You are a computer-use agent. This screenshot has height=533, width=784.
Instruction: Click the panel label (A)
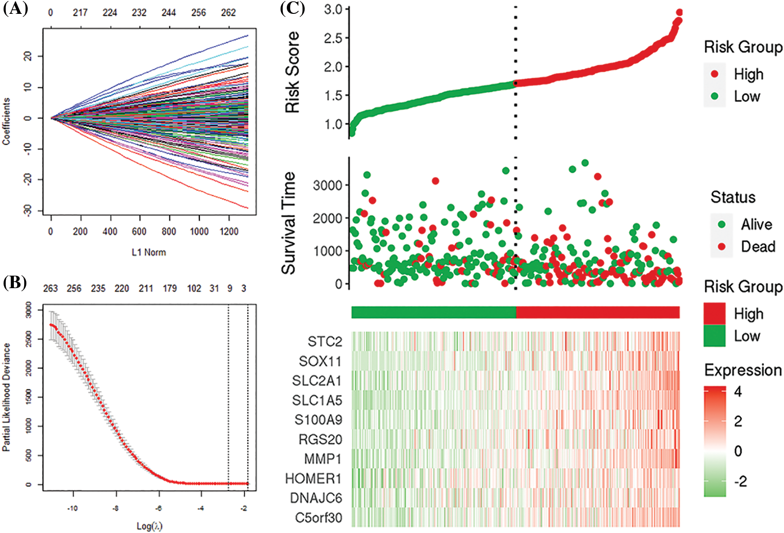[x=15, y=9]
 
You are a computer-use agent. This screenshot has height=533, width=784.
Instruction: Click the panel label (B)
[x=15, y=283]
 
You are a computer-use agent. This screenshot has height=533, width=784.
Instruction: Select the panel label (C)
[x=293, y=9]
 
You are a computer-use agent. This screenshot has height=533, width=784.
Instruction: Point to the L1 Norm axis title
[x=149, y=252]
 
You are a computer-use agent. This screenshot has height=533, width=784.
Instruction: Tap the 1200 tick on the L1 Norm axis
[x=229, y=231]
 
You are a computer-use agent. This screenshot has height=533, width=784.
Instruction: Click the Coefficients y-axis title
[x=6, y=122]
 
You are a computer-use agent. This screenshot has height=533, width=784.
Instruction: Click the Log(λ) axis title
[x=149, y=526]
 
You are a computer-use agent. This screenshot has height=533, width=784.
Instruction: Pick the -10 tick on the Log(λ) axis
[x=72, y=508]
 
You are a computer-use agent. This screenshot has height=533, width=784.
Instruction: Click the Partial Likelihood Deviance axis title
[x=6, y=397]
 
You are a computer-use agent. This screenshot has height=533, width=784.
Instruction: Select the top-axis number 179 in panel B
[x=170, y=289]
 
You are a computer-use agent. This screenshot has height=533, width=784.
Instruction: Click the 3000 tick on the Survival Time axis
[x=327, y=185]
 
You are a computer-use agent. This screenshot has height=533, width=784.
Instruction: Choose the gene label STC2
[x=325, y=342]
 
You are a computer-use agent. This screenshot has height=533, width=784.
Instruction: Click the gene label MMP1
[x=323, y=459]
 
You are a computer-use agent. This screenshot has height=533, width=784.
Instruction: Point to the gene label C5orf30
[x=319, y=518]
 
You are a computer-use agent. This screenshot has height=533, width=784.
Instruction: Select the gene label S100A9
[x=318, y=420]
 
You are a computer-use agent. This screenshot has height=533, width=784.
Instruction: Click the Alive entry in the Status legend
[x=756, y=224]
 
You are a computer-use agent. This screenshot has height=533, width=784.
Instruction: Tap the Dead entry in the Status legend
[x=758, y=247]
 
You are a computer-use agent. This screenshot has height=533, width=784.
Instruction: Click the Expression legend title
[x=743, y=370]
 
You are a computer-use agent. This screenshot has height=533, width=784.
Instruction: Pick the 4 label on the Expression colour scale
[x=738, y=392]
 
